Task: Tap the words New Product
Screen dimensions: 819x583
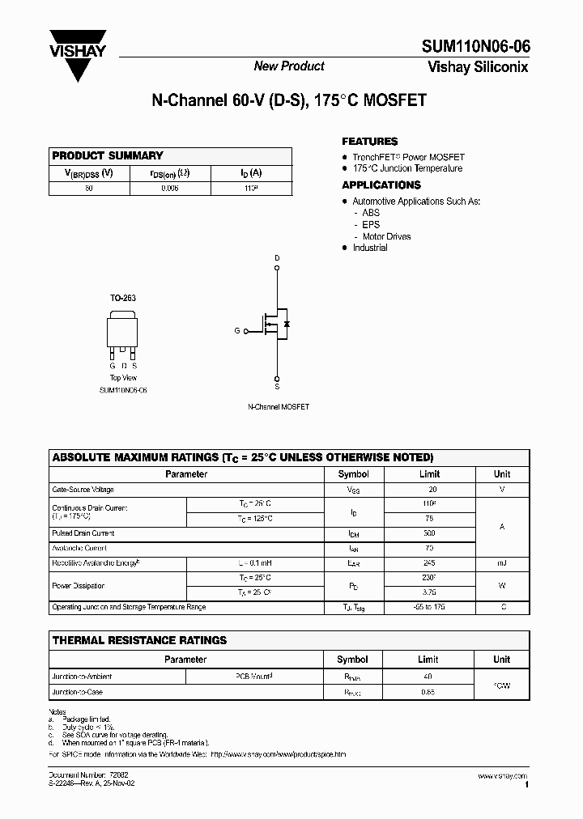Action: coord(289,66)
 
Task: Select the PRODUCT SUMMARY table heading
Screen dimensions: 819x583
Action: coord(108,155)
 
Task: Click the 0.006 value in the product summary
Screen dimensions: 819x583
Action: coord(170,188)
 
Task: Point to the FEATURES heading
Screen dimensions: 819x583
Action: coord(369,141)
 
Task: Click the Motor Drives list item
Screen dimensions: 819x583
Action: coord(386,236)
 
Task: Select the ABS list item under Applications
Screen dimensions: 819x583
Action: coord(371,213)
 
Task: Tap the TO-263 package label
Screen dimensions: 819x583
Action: coord(123,298)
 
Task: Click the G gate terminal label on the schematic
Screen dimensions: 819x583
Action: coord(237,331)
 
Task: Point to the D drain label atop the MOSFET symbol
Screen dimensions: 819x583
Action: coord(277,258)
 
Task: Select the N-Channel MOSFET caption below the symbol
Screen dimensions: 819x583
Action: coord(278,406)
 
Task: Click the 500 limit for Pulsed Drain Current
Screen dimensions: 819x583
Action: coord(429,534)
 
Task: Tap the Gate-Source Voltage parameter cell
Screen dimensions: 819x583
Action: coord(83,490)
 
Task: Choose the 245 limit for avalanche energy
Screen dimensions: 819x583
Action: coord(429,562)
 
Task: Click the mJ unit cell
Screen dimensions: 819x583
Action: coord(502,562)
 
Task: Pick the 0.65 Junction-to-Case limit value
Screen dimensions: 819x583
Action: coord(428,692)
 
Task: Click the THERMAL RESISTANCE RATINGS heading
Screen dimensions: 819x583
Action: coord(139,640)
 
